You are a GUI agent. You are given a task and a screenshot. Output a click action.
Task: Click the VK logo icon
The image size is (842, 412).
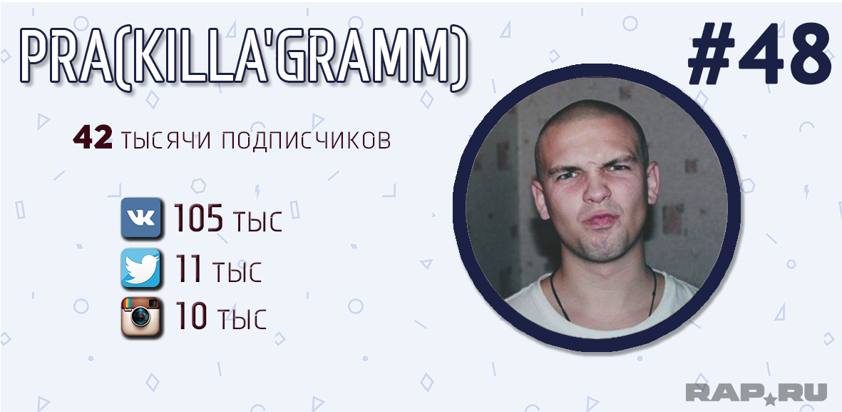point(140,217)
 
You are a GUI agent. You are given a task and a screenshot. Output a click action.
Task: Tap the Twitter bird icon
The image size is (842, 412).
point(140,268)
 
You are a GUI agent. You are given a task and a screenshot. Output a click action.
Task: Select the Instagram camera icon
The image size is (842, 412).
point(140,317)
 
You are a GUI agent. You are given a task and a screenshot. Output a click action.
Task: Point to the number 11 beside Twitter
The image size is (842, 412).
point(188,269)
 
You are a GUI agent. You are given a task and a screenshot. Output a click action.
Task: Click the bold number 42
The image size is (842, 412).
point(93,139)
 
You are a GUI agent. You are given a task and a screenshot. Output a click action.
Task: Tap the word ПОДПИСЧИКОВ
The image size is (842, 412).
point(306,140)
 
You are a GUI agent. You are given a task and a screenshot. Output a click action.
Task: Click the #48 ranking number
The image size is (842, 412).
point(759,54)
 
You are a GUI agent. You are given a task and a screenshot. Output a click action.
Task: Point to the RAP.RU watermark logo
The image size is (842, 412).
point(756,393)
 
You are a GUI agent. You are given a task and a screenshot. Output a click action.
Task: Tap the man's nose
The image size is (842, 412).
point(597,188)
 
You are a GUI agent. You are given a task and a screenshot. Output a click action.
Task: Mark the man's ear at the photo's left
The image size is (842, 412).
point(540,197)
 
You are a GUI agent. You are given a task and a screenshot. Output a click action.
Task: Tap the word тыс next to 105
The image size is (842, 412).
point(258,222)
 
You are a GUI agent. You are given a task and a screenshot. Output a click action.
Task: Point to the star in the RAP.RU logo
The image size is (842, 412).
point(770,398)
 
